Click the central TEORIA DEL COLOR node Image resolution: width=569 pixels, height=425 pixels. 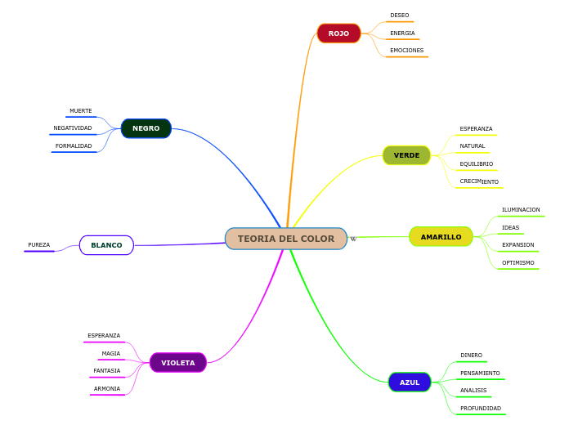pyautogui.click(x=286, y=239)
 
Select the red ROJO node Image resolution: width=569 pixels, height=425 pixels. pyautogui.click(x=338, y=34)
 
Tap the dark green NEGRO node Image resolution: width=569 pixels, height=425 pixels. pyautogui.click(x=146, y=128)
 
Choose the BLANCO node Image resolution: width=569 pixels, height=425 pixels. pyautogui.click(x=106, y=245)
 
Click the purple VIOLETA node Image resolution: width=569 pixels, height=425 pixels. pyautogui.click(x=177, y=362)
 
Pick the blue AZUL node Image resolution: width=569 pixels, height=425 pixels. pyautogui.click(x=410, y=382)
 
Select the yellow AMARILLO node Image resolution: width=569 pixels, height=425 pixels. pyautogui.click(x=441, y=237)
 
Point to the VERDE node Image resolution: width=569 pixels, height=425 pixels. pyautogui.click(x=406, y=155)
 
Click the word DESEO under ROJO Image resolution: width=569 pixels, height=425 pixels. pyautogui.click(x=400, y=16)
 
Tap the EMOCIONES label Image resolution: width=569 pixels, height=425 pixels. pyautogui.click(x=406, y=51)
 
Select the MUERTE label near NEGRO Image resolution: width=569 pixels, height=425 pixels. pyautogui.click(x=81, y=111)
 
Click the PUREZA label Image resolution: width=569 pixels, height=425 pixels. pyautogui.click(x=38, y=245)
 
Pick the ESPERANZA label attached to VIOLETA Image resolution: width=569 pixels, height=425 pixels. pyautogui.click(x=104, y=336)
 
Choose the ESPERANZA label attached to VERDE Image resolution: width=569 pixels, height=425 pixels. pyautogui.click(x=476, y=129)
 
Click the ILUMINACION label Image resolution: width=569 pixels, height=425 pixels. pyautogui.click(x=521, y=210)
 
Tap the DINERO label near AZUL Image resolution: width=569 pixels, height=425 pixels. pyautogui.click(x=471, y=356)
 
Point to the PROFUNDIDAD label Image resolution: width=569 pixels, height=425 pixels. pyautogui.click(x=481, y=409)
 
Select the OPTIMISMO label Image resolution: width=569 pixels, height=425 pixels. pyautogui.click(x=518, y=263)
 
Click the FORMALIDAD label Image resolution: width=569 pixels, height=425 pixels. pyautogui.click(x=74, y=146)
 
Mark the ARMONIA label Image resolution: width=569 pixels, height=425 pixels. pyautogui.click(x=107, y=389)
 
